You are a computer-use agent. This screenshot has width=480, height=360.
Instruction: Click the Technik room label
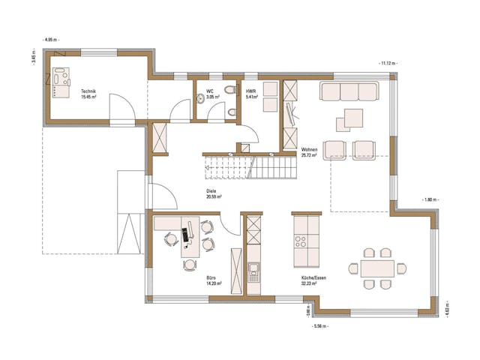pos(88,94)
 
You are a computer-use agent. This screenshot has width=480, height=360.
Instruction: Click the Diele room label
pos(212,193)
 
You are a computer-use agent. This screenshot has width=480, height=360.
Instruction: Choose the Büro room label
pos(212,280)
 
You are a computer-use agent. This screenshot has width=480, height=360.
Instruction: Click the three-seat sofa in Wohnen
pos(349,91)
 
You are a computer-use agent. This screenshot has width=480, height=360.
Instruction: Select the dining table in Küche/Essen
pos(376,268)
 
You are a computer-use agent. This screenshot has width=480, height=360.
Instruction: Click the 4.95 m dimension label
pos(51,38)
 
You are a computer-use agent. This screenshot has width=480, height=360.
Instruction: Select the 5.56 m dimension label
pos(320,327)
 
